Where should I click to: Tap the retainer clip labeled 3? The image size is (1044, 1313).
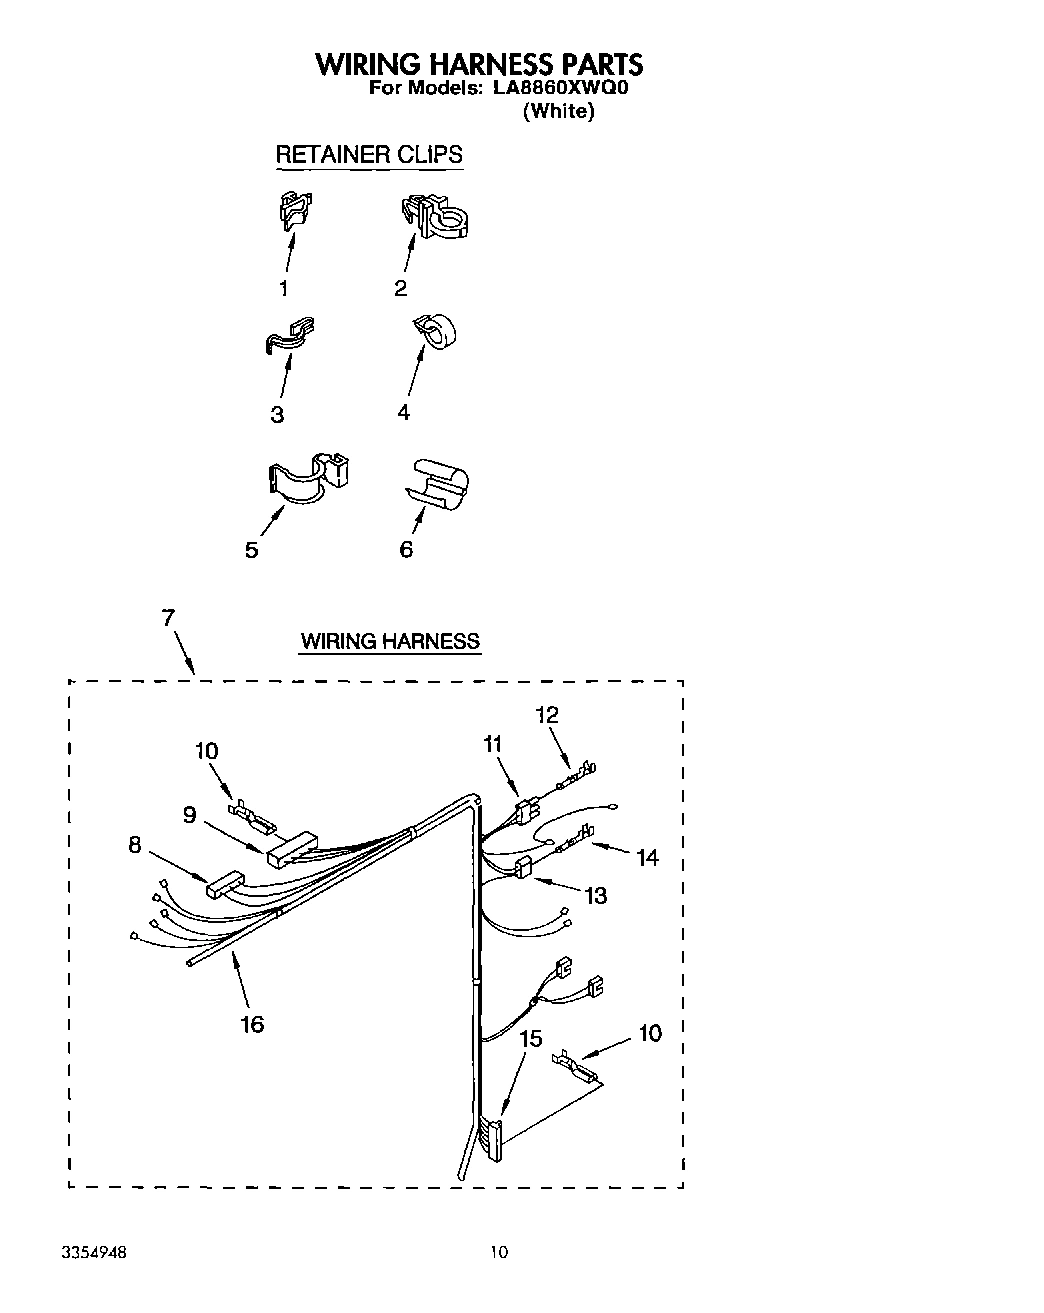[290, 337]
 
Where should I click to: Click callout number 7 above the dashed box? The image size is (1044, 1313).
[169, 617]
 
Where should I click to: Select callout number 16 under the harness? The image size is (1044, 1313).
[252, 1023]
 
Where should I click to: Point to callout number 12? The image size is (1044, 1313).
[546, 715]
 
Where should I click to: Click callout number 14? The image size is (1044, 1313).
[647, 857]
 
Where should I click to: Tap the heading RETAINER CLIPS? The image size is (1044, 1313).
[368, 155]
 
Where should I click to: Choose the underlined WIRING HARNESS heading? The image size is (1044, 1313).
[390, 641]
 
